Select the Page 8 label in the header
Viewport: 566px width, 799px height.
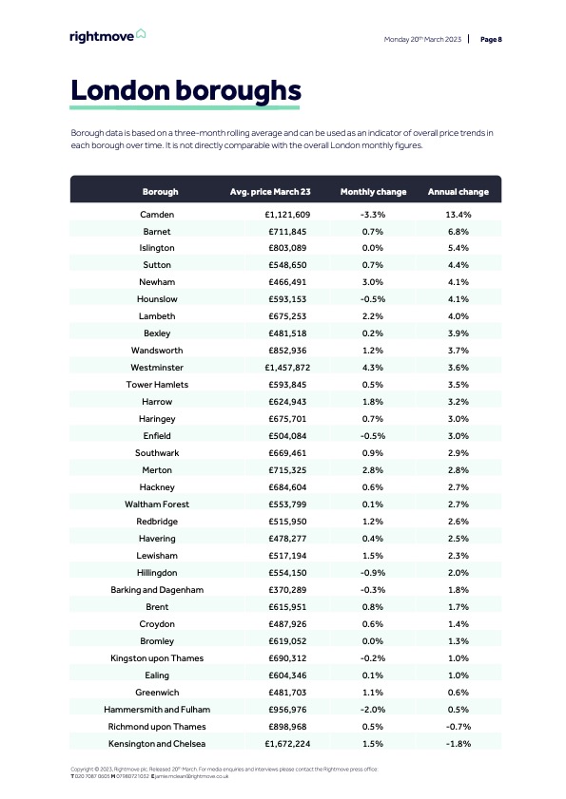[x=491, y=40]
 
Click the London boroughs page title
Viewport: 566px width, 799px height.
[x=186, y=91]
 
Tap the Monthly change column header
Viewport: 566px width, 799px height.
[x=373, y=192]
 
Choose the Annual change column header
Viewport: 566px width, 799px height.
[x=459, y=192]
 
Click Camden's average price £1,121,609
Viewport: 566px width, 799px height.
[x=287, y=215]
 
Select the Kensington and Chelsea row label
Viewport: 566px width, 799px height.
[x=157, y=743]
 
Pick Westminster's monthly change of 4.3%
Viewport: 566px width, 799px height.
[x=373, y=368]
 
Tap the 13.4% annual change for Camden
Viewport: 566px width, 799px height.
[x=459, y=215]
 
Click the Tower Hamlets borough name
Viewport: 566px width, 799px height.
[x=157, y=385]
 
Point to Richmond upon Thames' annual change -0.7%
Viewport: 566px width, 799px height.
[x=459, y=726]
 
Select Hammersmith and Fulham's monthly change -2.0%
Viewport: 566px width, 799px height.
[x=373, y=709]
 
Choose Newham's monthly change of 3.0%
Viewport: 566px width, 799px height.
[x=373, y=282]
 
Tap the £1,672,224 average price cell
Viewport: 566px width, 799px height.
[x=287, y=743]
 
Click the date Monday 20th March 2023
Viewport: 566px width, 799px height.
[x=422, y=40]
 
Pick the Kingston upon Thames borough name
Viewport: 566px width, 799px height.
[x=157, y=657]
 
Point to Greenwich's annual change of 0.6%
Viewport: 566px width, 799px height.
[x=459, y=692]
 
